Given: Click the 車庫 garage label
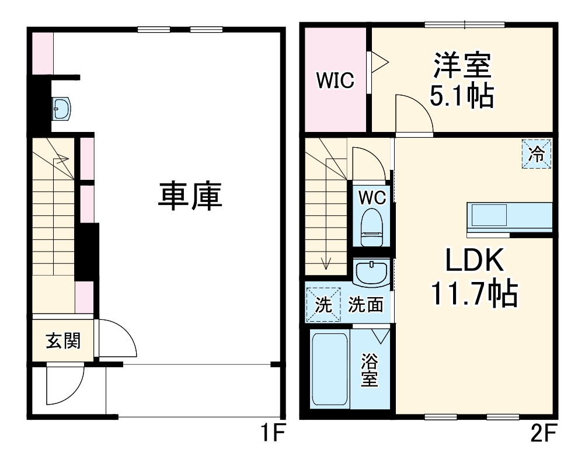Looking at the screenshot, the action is pyautogui.click(x=190, y=196).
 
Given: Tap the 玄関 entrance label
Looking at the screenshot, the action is pyautogui.click(x=63, y=341).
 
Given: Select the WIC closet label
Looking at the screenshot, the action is pyautogui.click(x=335, y=80).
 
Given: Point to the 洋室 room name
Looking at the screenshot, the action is pyautogui.click(x=462, y=65).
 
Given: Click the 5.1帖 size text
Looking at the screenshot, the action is pyautogui.click(x=462, y=96).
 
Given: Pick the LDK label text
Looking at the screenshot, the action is pyautogui.click(x=475, y=260).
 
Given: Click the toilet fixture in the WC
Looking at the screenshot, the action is pyautogui.click(x=372, y=227).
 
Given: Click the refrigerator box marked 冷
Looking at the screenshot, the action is pyautogui.click(x=537, y=154).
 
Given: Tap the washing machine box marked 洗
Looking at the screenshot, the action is pyautogui.click(x=323, y=305).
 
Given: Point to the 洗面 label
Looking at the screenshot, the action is pyautogui.click(x=365, y=305).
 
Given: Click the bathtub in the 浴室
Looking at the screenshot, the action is pyautogui.click(x=330, y=369).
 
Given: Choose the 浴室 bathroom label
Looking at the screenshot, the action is pyautogui.click(x=370, y=370).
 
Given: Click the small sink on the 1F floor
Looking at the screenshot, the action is pyautogui.click(x=61, y=109).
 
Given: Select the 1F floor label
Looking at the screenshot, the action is pyautogui.click(x=272, y=433).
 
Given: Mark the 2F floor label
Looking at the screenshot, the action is pyautogui.click(x=543, y=433).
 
